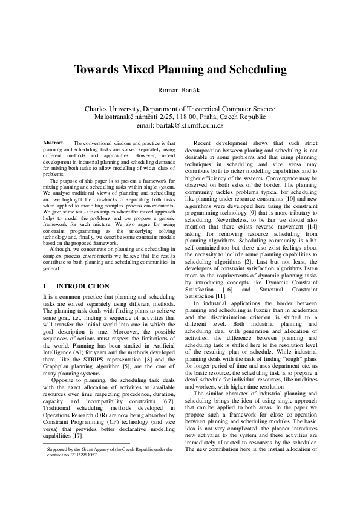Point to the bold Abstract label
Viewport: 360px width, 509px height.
tap(54, 143)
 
